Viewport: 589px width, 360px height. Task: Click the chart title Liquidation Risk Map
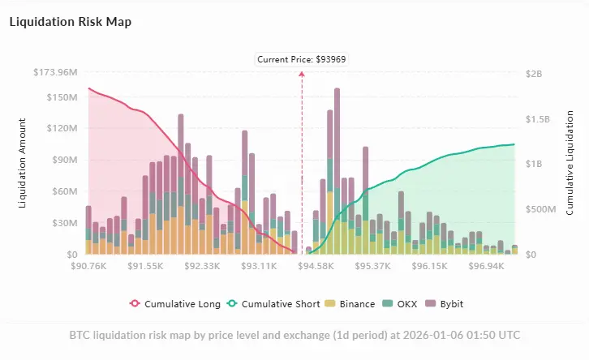70,22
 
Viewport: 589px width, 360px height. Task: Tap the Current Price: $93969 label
302,59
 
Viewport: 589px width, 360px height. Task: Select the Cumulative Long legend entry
175,304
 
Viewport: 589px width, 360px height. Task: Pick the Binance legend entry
350,304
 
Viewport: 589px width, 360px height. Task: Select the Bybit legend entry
451,304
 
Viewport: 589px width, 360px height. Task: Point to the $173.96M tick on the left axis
55,73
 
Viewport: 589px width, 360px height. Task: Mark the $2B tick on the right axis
533,73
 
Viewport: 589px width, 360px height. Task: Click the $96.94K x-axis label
488,266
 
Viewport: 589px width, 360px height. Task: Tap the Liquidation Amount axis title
23,163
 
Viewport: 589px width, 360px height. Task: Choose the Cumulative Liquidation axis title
571,163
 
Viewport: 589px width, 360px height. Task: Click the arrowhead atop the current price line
302,73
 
